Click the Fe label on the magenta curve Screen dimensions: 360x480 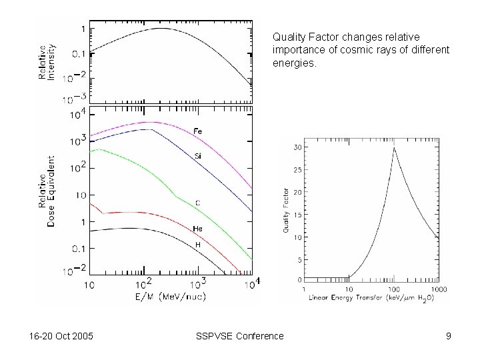pos(198,131)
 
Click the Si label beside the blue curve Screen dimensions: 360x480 pos(198,155)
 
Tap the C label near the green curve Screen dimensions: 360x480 pos(198,202)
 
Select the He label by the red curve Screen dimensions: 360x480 pos(198,229)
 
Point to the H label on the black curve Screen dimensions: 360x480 pos(197,245)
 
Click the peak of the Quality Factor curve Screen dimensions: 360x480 pos(394,148)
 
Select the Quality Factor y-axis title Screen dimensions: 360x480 pos(286,212)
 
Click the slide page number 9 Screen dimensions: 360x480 pos(449,336)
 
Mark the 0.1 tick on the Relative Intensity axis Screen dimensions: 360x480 pos(79,53)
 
